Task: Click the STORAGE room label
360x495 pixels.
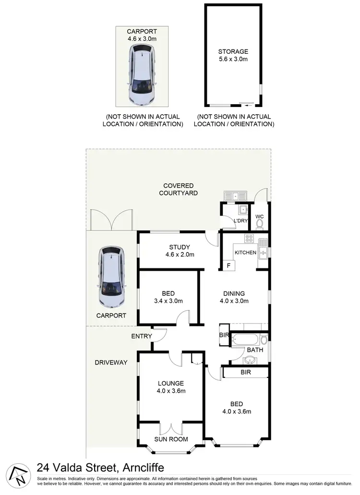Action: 233,51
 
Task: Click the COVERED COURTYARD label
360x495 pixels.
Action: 178,189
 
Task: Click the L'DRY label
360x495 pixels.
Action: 240,220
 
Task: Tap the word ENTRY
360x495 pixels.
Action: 142,336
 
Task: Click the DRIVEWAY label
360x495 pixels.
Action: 111,362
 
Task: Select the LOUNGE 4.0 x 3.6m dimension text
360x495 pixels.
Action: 170,391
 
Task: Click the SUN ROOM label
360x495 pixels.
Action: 171,439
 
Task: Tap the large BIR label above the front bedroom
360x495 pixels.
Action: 246,372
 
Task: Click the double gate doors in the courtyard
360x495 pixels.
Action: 111,218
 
